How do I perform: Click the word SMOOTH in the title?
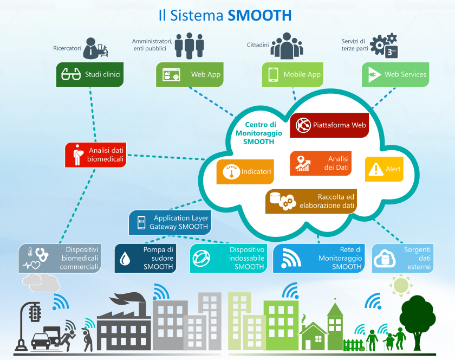tap(259, 15)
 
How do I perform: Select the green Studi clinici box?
tap(90, 74)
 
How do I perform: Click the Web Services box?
tap(395, 74)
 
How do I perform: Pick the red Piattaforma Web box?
tap(329, 125)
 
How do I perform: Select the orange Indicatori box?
tap(244, 171)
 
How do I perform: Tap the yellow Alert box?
tap(384, 169)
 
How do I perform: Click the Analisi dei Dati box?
tap(321, 163)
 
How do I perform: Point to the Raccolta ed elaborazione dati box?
tap(312, 201)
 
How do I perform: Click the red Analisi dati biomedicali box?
tap(95, 155)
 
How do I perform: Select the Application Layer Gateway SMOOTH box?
tap(170, 222)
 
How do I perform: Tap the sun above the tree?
tap(401, 284)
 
